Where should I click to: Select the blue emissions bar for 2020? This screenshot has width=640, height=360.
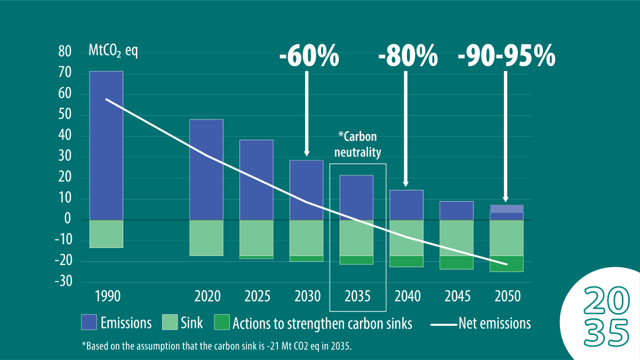(x=206, y=170)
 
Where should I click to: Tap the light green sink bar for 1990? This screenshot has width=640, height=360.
(x=106, y=234)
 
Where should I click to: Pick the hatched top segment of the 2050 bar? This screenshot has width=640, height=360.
(x=507, y=209)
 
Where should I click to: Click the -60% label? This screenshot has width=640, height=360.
(x=309, y=55)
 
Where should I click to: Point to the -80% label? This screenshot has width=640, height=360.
(x=408, y=55)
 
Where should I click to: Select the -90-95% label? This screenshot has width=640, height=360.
(x=507, y=55)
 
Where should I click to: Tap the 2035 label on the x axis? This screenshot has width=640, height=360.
(x=357, y=295)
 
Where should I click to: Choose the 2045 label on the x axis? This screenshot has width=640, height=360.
(x=457, y=295)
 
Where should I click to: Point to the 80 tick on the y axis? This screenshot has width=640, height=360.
(x=65, y=52)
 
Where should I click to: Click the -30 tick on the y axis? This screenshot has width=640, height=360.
(x=62, y=282)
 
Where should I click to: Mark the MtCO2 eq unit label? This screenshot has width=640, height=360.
(x=113, y=52)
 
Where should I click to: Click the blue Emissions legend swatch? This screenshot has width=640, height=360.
(x=89, y=323)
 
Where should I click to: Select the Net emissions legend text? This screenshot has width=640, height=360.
(x=494, y=323)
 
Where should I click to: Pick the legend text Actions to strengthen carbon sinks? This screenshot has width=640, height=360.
(x=322, y=323)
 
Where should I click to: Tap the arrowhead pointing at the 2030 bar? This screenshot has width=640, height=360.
(x=307, y=152)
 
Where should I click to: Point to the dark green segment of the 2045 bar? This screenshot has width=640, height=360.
(x=457, y=262)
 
